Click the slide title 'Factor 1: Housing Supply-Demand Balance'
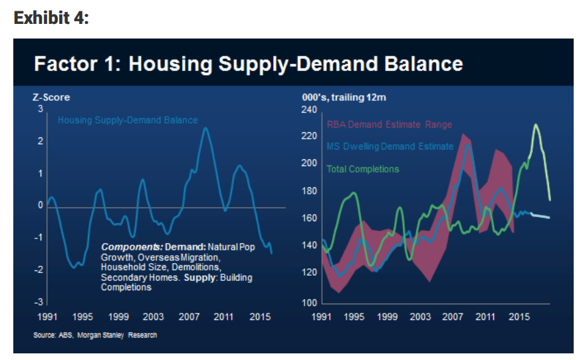point(248,64)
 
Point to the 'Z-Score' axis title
point(51,98)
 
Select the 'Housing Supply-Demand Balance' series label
point(128,120)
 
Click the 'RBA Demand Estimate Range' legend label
point(389,124)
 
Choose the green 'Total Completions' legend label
point(363,169)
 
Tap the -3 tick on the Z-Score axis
point(40,303)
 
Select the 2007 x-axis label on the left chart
point(189,317)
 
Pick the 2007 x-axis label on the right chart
point(453,317)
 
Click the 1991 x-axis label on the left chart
point(48,317)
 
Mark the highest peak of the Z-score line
point(205,128)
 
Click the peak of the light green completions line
point(535,124)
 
